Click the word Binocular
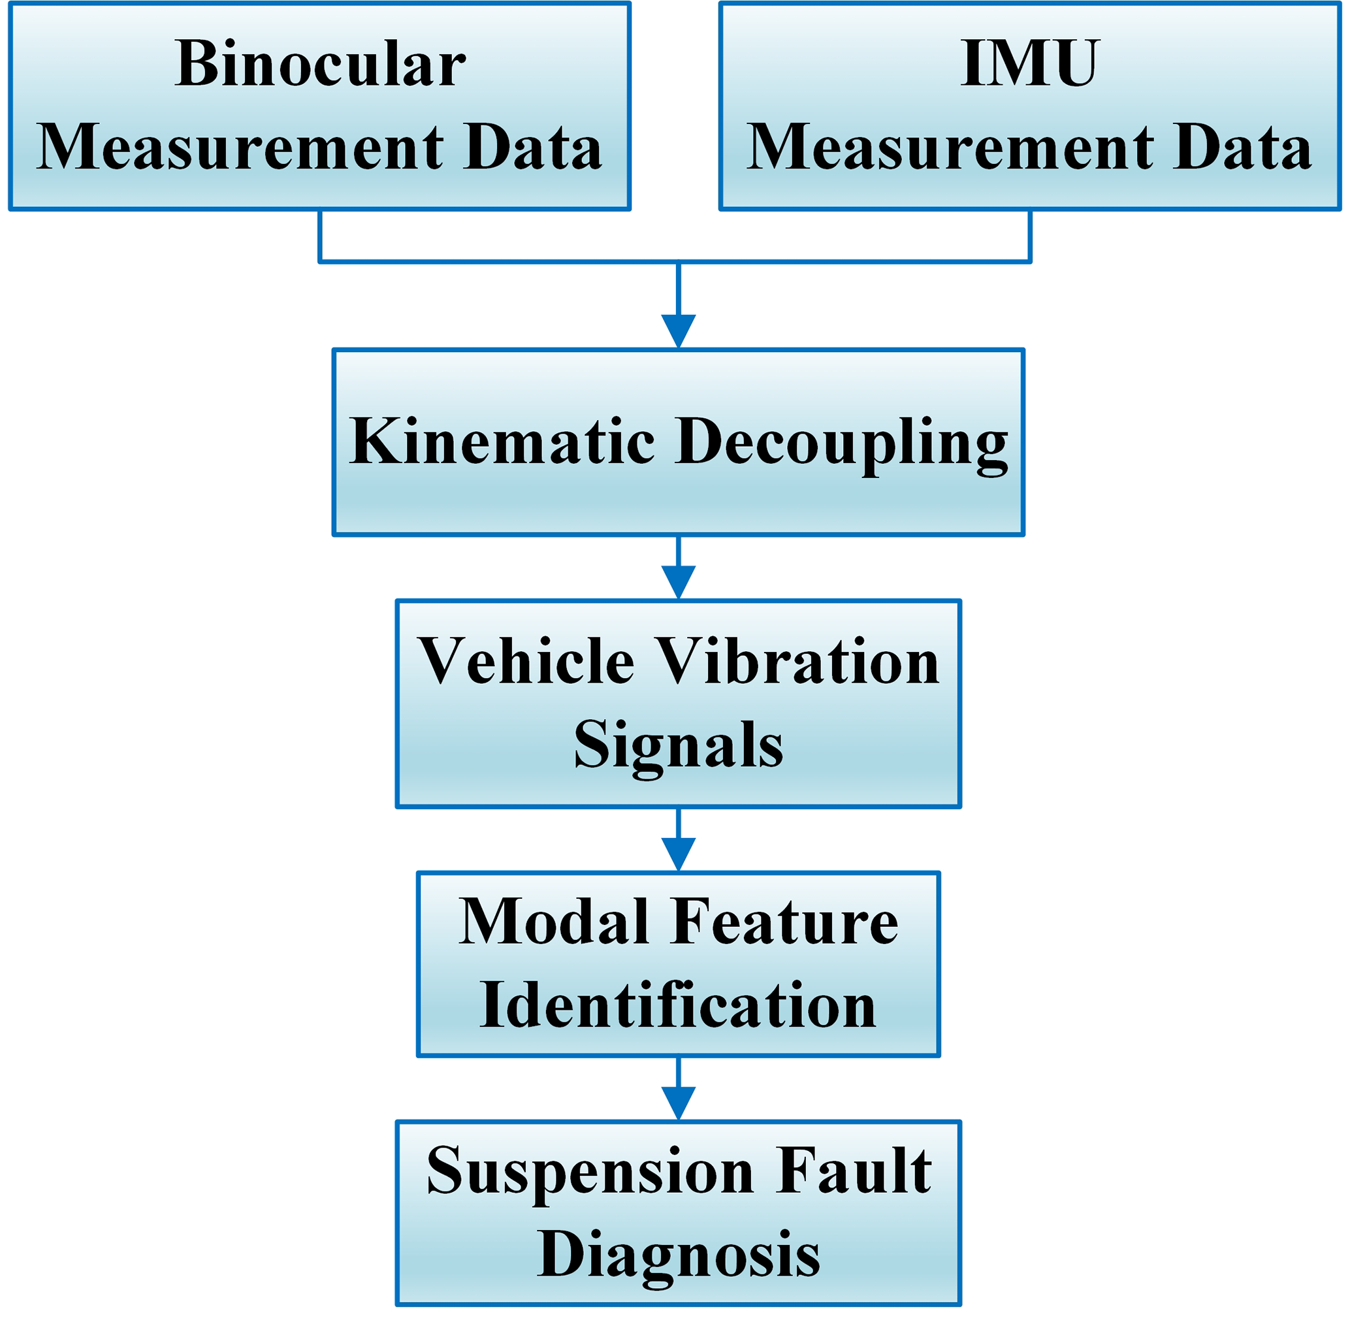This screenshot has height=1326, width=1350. pyautogui.click(x=319, y=64)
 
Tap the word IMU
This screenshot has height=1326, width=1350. pyautogui.click(x=1029, y=64)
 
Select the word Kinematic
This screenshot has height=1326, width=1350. pyautogui.click(x=502, y=442)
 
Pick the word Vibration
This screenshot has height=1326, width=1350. pyautogui.click(x=798, y=662)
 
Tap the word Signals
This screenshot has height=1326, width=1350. pyautogui.click(x=678, y=745)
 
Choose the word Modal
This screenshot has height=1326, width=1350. pyautogui.click(x=553, y=923)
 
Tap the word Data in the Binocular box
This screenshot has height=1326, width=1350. pyautogui.click(x=533, y=148)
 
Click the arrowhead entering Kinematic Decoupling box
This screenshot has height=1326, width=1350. pyautogui.click(x=678, y=330)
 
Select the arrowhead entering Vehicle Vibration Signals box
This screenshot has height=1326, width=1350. pyautogui.click(x=678, y=581)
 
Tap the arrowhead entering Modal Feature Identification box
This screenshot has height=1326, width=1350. pyautogui.click(x=678, y=853)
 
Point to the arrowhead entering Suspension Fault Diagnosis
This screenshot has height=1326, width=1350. pyautogui.click(x=678, y=1103)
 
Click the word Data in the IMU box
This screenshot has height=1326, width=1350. pyautogui.click(x=1242, y=148)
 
